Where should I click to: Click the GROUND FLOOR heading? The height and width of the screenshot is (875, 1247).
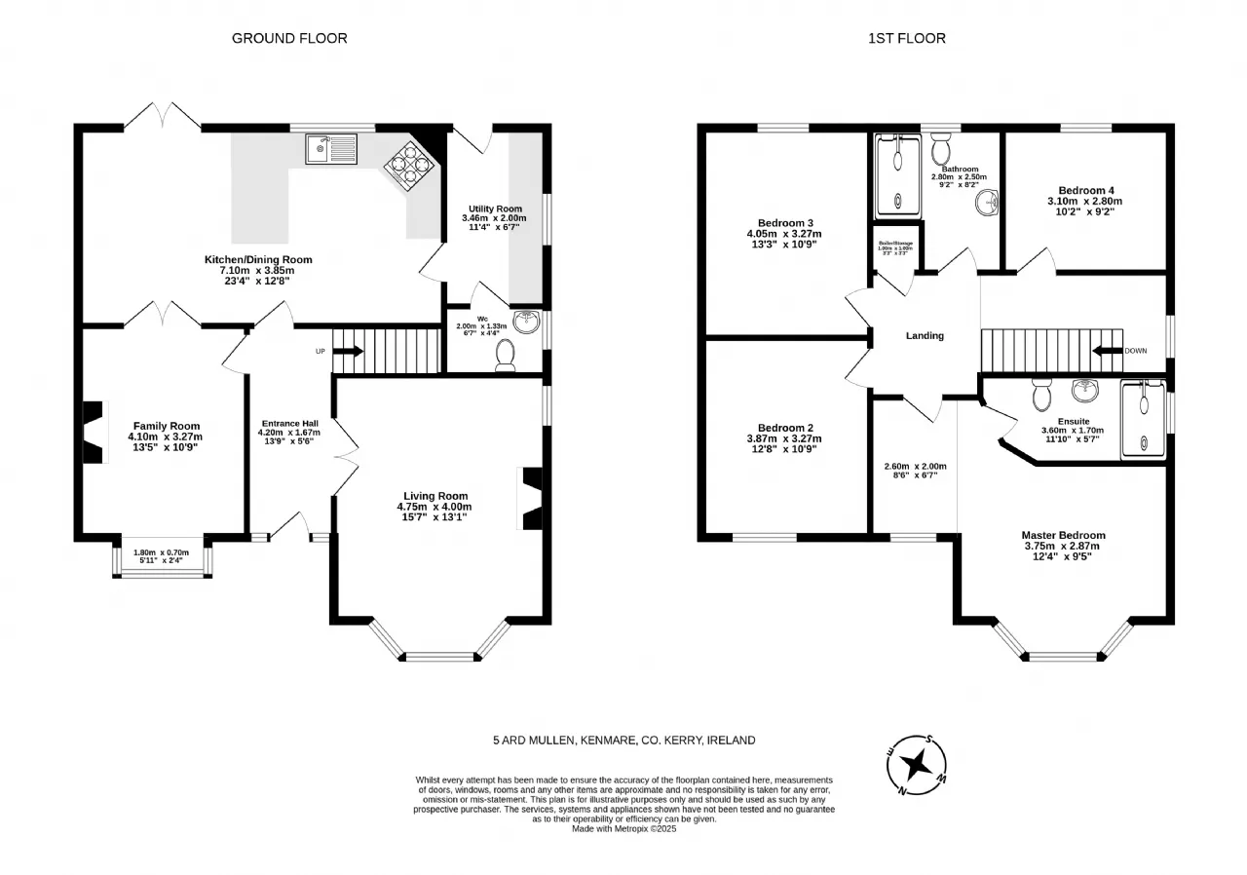click(289, 38)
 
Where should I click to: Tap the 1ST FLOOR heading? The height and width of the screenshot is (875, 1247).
click(907, 38)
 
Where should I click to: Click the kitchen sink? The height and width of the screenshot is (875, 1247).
click(331, 149)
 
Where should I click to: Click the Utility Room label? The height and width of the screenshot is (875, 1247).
click(493, 209)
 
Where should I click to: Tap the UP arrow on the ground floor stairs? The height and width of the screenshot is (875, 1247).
click(349, 351)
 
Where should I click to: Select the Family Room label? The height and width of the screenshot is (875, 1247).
click(167, 426)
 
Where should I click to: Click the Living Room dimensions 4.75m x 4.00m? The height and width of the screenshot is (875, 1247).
click(434, 507)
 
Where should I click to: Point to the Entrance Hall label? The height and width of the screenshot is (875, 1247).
click(290, 424)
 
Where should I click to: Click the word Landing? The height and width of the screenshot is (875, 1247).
click(925, 336)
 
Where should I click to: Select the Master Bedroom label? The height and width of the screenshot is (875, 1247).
click(1063, 535)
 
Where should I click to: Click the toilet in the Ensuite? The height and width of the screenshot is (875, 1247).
click(1039, 394)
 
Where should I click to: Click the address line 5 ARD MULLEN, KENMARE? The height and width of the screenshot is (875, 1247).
click(623, 741)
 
